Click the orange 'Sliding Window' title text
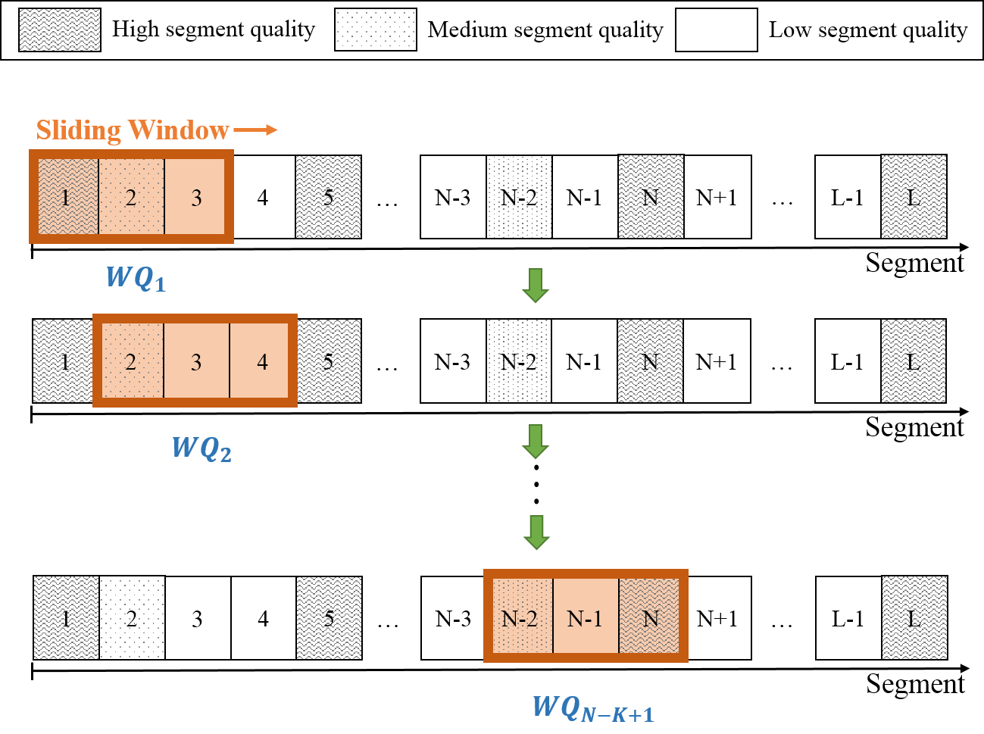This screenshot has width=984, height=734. click(x=133, y=130)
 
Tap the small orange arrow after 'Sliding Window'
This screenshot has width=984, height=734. click(x=256, y=130)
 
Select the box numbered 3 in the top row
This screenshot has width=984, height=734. click(x=195, y=197)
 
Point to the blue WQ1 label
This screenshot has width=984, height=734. click(x=136, y=279)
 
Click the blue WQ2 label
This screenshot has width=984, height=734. click(x=201, y=448)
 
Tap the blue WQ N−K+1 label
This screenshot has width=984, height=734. click(x=592, y=708)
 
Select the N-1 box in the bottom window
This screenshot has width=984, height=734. click(x=585, y=617)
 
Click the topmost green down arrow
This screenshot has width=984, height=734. click(x=536, y=286)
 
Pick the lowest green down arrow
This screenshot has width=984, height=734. click(x=536, y=532)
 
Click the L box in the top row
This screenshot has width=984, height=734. click(x=914, y=197)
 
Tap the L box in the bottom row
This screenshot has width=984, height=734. click(x=914, y=618)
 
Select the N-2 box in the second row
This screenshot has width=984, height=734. click(x=519, y=361)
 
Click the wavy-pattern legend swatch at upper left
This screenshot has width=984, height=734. click(x=60, y=30)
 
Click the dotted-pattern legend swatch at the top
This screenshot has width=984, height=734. click(x=376, y=30)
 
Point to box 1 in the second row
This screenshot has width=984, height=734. click(x=64, y=361)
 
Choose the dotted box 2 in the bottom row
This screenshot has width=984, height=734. click(x=132, y=618)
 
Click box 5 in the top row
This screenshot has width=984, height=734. click(x=328, y=197)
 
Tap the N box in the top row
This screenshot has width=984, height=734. click(x=651, y=197)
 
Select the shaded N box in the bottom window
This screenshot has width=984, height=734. click(x=650, y=617)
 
